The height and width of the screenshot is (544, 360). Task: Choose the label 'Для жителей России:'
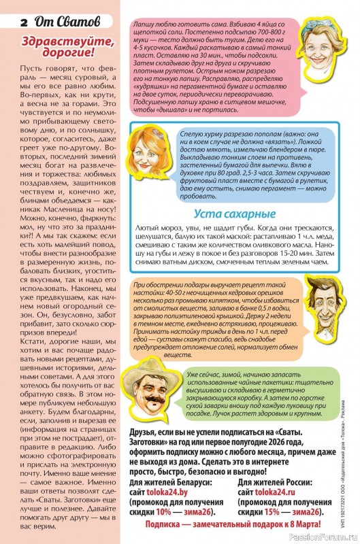point(278,480)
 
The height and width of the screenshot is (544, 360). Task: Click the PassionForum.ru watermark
point(329,537)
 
